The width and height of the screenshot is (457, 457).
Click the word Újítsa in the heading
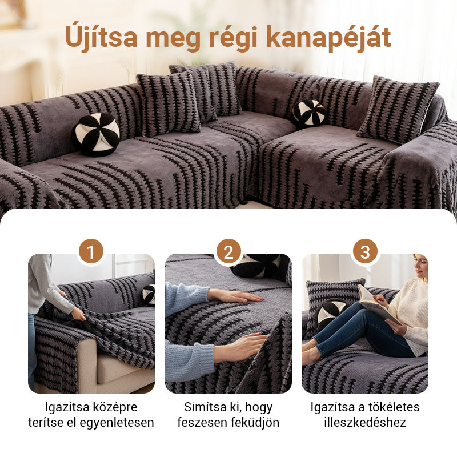101,38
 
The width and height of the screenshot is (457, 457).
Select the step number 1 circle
91,252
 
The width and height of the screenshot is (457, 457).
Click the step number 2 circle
228,252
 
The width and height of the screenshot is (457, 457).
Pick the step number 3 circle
366,252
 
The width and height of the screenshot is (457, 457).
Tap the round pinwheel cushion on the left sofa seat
96,134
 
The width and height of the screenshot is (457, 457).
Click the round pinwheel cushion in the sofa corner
309,113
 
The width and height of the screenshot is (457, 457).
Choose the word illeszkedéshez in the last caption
365,423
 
